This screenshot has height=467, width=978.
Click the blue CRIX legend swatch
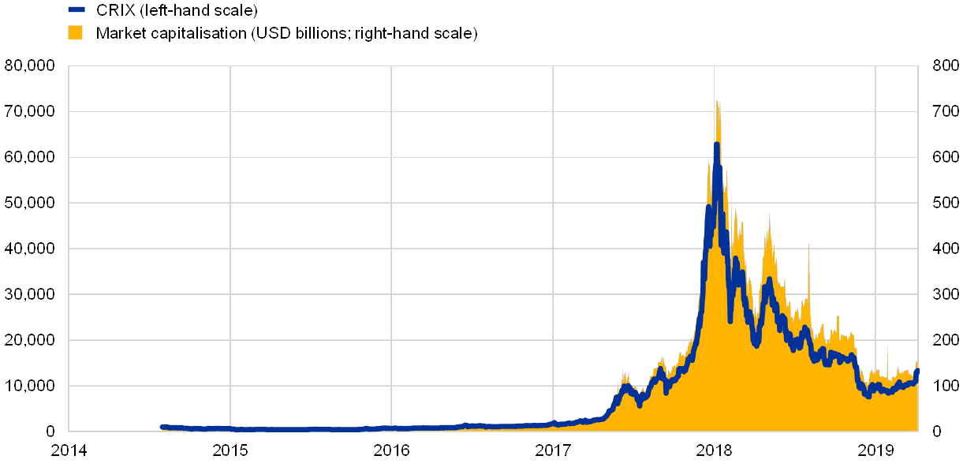click(x=76, y=10)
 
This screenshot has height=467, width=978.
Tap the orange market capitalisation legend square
click(x=76, y=32)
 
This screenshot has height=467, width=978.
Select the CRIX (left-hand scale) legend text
click(x=176, y=10)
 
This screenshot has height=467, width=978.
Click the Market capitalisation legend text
click(x=286, y=33)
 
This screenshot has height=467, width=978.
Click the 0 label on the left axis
click(x=50, y=432)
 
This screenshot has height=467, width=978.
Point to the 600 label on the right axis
click(x=945, y=157)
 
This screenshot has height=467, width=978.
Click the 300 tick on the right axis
click(x=945, y=294)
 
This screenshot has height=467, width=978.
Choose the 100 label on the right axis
click(x=945, y=386)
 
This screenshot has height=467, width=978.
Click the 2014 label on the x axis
click(x=69, y=450)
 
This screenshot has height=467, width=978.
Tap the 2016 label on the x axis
click(x=391, y=450)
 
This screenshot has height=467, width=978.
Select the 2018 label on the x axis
click(x=714, y=450)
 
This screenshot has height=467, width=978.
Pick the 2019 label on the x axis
click(x=875, y=450)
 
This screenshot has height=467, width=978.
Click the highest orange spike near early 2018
click(x=716, y=101)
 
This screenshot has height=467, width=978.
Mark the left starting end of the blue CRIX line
click(x=162, y=427)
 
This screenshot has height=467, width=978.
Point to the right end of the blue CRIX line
click(x=916, y=371)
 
